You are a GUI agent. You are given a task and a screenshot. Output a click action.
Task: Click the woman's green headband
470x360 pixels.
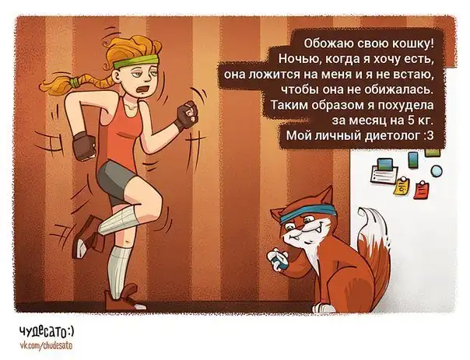135,61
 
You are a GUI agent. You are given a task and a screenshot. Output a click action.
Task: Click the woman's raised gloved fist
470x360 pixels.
186,115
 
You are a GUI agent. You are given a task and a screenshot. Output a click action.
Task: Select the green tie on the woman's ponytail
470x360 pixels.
75,81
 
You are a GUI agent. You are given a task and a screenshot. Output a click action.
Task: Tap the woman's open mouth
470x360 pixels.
142,89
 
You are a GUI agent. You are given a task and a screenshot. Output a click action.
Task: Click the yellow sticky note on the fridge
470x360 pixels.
402,187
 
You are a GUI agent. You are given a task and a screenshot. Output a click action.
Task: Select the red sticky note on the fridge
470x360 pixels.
421,190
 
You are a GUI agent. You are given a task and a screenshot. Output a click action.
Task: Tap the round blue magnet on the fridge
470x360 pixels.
437,171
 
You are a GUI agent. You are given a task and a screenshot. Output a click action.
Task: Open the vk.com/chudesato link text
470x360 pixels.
46,345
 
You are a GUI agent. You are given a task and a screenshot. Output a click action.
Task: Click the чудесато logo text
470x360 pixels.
47,331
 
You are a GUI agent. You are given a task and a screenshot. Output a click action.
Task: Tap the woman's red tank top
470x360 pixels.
125,131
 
